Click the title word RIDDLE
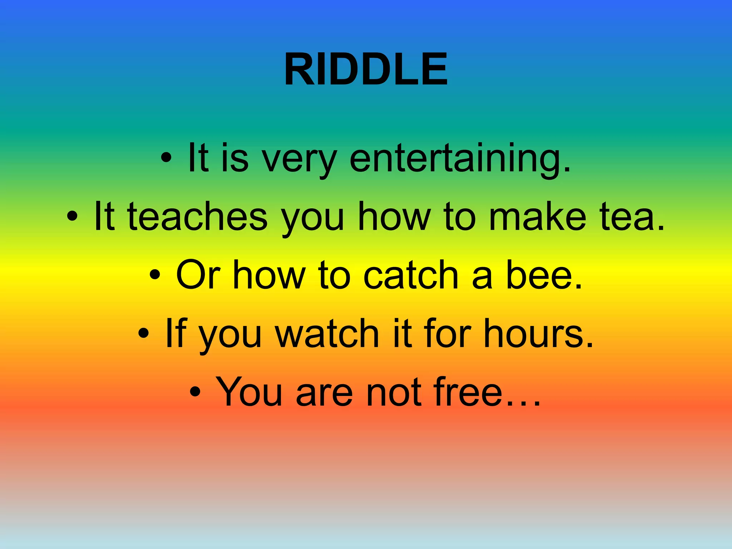pyautogui.click(x=366, y=69)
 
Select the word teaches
pyautogui.click(x=197, y=217)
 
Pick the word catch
pyautogui.click(x=411, y=276)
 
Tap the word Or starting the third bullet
pyautogui.click(x=198, y=276)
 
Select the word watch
pyautogui.click(x=327, y=334)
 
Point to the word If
pyautogui.click(x=176, y=334)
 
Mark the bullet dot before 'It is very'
pyautogui.click(x=167, y=157)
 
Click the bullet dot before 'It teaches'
pyautogui.click(x=72, y=216)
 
